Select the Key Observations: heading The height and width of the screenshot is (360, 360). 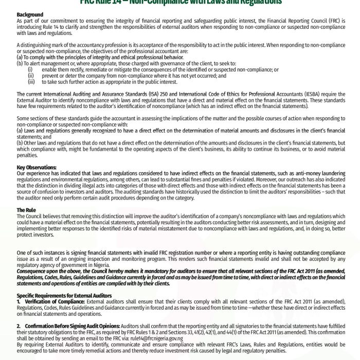tap(37, 168)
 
